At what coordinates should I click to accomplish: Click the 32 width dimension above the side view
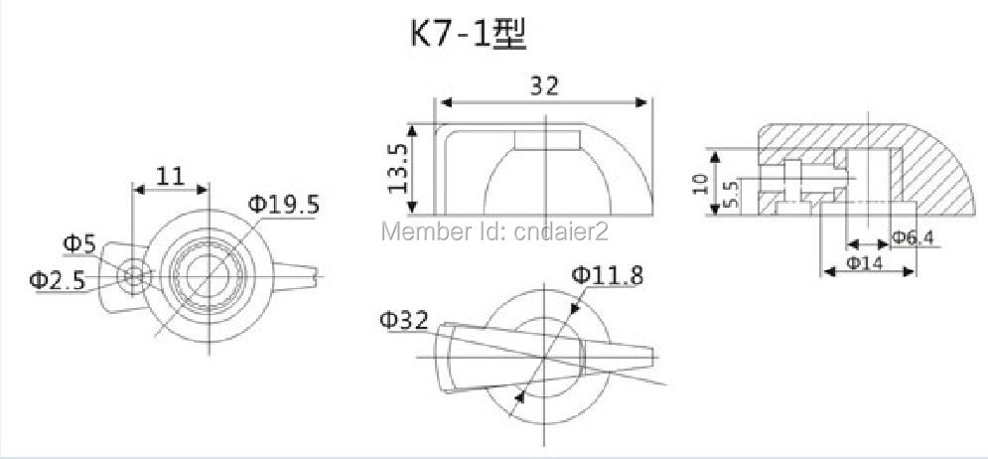tap(544, 85)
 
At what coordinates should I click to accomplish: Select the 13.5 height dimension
tap(397, 168)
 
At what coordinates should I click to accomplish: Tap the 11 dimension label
tap(170, 176)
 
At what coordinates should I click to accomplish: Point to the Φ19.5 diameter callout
tap(284, 205)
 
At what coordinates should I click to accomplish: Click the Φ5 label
tap(79, 243)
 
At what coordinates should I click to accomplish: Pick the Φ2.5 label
tap(58, 280)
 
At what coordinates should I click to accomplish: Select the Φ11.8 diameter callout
tap(608, 275)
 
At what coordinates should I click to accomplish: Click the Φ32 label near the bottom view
tap(404, 320)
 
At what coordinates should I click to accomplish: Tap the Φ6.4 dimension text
tap(912, 237)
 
